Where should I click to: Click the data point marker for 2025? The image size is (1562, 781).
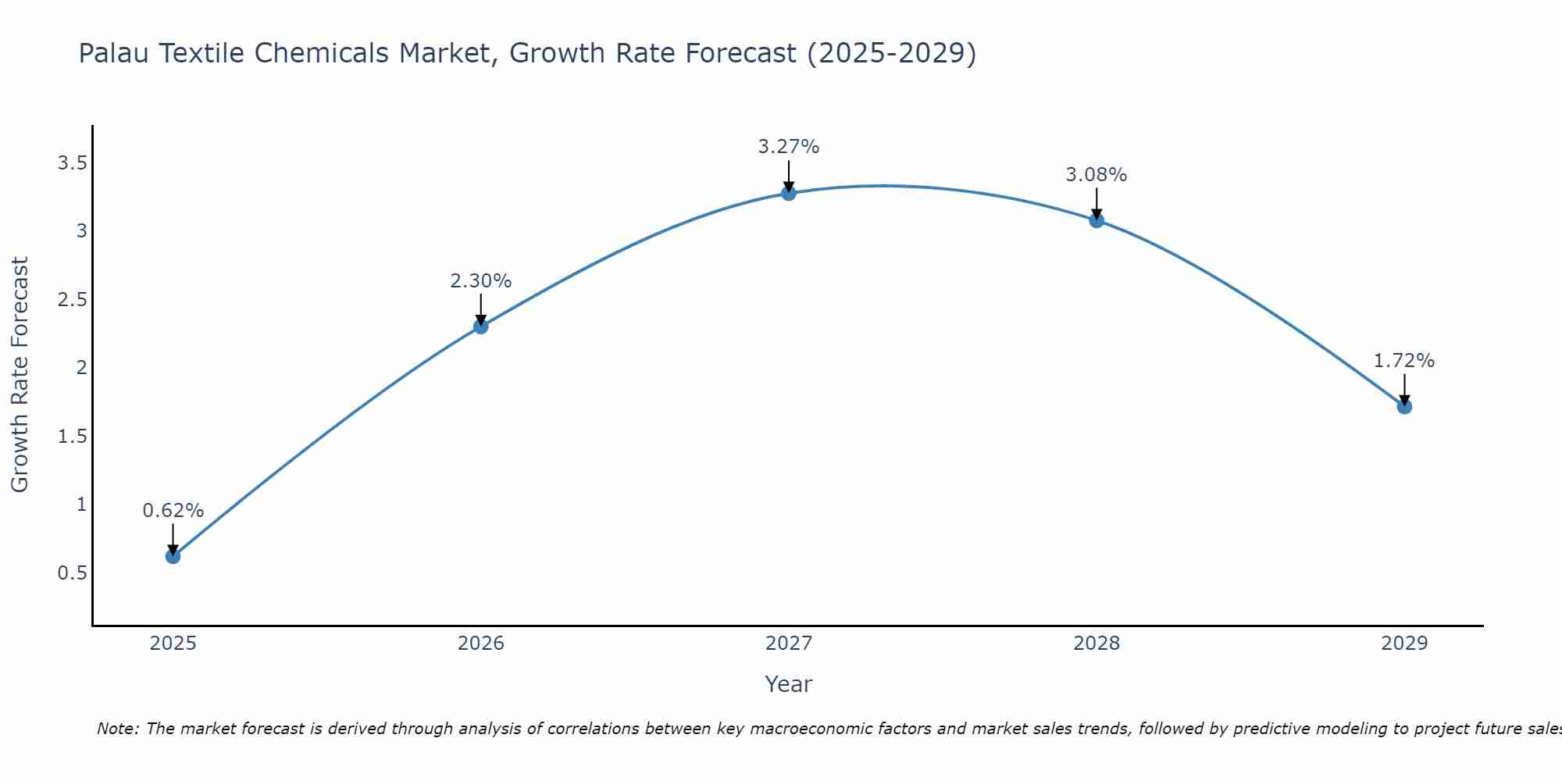[173, 556]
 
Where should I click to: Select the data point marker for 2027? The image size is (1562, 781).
[789, 193]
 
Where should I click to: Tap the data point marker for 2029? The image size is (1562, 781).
[1404, 406]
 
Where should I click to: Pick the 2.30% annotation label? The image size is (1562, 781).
[480, 281]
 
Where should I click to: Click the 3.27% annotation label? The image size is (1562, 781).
[789, 147]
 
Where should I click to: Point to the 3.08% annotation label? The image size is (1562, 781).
[1097, 175]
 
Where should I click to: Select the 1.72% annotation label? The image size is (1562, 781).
[1404, 361]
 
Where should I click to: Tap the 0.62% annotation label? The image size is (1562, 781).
[173, 511]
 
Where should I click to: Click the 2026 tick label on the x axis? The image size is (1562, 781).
[480, 644]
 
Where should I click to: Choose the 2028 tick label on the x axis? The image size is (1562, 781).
[1097, 644]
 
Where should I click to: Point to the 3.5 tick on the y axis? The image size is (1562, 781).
[72, 163]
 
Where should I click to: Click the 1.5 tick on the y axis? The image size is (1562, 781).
[72, 436]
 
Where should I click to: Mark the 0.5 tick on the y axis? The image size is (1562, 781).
[72, 572]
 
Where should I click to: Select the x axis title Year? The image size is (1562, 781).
[789, 684]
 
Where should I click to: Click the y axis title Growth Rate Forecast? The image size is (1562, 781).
[20, 375]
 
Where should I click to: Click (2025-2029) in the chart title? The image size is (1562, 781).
[891, 54]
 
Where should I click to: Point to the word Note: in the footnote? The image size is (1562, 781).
[118, 729]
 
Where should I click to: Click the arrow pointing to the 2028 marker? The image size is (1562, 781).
[1097, 203]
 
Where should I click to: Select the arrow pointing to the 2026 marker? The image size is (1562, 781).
[480, 309]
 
